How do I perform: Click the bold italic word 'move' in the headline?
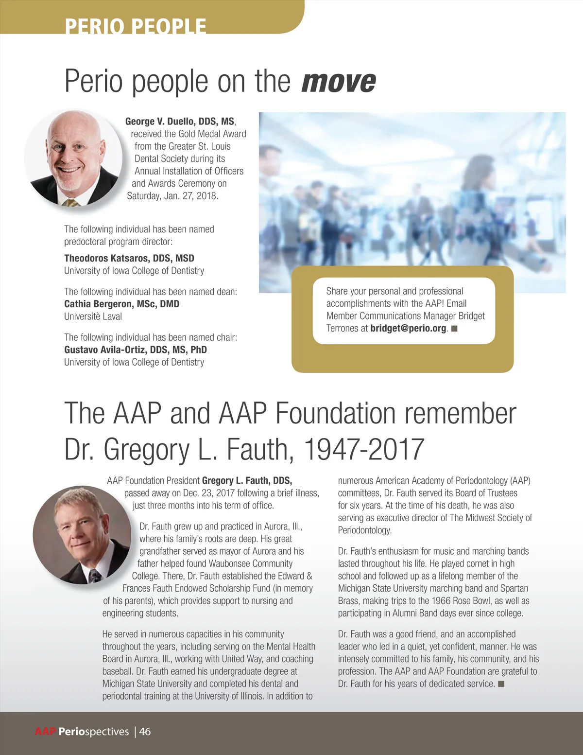(x=339, y=82)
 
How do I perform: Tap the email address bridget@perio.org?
(x=408, y=328)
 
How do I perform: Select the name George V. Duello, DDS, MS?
(x=180, y=122)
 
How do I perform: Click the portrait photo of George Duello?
(x=73, y=158)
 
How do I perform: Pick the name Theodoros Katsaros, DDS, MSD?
(x=129, y=258)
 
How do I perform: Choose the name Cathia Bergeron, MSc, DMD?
(x=121, y=304)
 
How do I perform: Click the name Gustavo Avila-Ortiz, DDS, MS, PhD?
(x=136, y=350)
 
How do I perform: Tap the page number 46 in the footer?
(x=145, y=732)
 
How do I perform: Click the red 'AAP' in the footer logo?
(x=46, y=732)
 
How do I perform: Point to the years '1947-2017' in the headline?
(x=364, y=449)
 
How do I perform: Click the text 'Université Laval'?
(x=93, y=316)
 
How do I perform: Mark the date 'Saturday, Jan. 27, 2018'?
(x=172, y=196)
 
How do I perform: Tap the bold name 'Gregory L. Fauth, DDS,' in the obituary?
(x=247, y=481)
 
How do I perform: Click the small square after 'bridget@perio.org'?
(x=455, y=329)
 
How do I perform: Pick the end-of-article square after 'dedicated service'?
(x=501, y=685)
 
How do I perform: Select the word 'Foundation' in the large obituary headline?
(x=336, y=414)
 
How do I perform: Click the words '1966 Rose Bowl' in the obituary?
(x=461, y=601)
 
